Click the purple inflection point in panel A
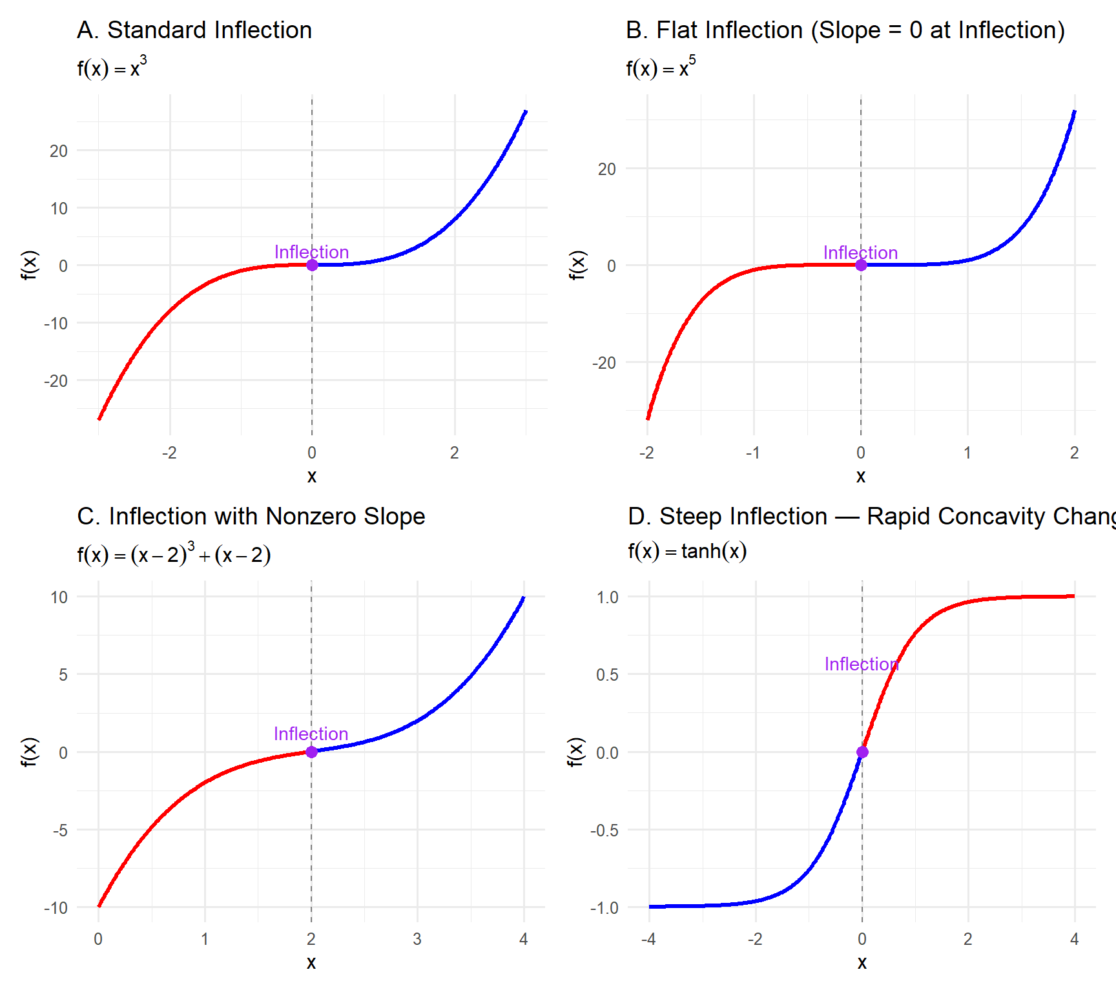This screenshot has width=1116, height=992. [312, 265]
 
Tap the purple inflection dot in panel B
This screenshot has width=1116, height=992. [861, 265]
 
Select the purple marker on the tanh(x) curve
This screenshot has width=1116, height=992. [862, 752]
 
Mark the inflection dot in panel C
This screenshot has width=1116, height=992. [311, 752]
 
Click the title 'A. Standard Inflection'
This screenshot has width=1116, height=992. [194, 30]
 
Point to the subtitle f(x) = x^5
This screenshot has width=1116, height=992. [661, 67]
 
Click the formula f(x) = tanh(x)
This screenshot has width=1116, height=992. [687, 551]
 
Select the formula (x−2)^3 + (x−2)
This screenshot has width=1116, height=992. [174, 554]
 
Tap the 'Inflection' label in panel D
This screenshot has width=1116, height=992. [862, 664]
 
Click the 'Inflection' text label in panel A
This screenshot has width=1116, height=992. [311, 252]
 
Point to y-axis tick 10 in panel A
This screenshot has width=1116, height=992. [59, 209]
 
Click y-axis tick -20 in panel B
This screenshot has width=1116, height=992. [604, 363]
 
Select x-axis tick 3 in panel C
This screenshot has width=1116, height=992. [417, 939]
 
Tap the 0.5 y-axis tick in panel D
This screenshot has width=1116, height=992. [607, 675]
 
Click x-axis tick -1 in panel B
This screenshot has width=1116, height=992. [752, 453]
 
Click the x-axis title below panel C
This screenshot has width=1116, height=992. [311, 962]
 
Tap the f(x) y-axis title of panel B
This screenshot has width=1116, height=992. [577, 265]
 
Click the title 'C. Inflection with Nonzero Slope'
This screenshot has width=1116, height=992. [251, 517]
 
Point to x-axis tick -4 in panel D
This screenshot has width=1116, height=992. [648, 939]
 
